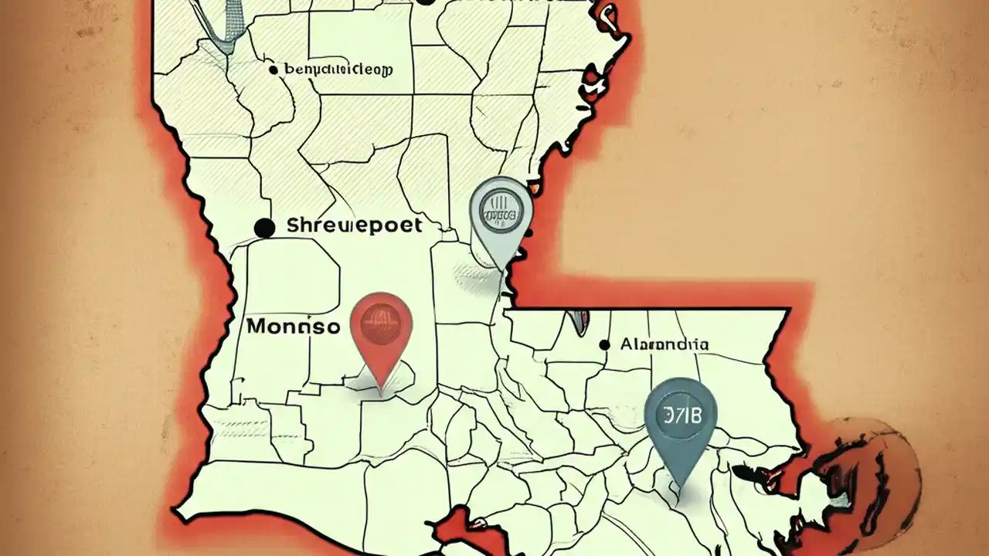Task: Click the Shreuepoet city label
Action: coord(354,225)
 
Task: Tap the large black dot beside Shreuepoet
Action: coord(264,228)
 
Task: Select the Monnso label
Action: coord(293,327)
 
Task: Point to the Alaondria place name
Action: coord(664,344)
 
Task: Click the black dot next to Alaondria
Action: coord(603,344)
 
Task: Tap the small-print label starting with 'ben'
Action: coord(338,70)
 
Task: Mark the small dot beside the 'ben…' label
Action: coord(273,70)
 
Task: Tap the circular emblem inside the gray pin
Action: coord(501,207)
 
